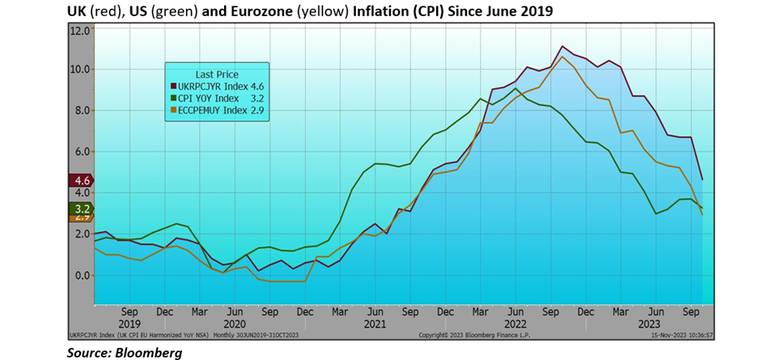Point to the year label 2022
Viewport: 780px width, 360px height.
tap(515, 324)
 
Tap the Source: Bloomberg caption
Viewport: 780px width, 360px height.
tap(125, 353)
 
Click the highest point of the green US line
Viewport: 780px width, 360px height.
tap(516, 88)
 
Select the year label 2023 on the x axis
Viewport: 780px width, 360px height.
tap(656, 324)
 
